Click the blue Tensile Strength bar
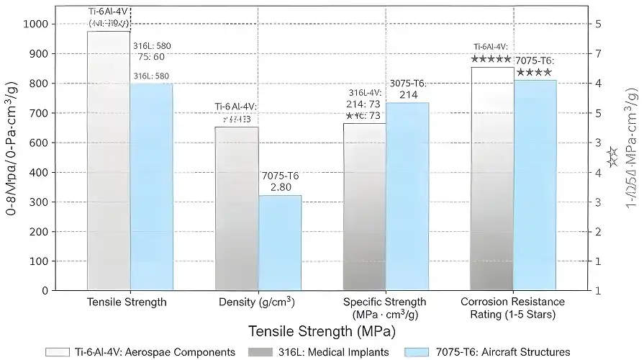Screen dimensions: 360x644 [151, 187]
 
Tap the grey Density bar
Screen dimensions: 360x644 [237, 209]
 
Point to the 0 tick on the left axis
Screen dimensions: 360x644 [45, 290]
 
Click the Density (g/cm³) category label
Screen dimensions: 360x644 [257, 302]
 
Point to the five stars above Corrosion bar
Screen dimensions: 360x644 [491, 59]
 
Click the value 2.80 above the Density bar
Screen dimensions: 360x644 [280, 187]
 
